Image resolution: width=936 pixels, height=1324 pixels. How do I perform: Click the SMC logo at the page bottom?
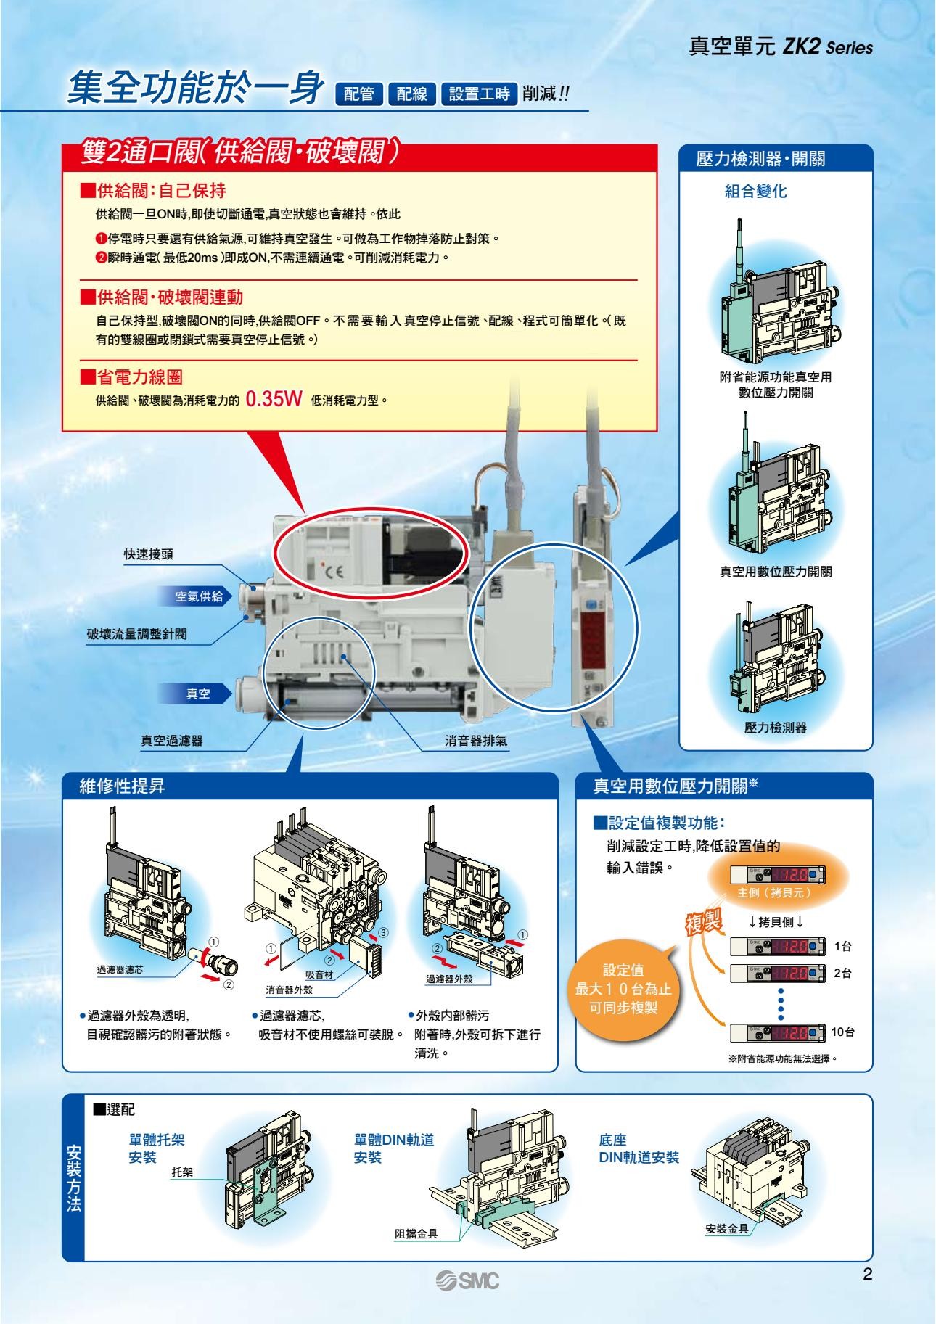pyautogui.click(x=467, y=1281)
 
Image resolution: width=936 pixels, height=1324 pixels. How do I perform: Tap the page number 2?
pyautogui.click(x=867, y=1275)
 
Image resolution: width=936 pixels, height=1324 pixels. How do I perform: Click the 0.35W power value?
pyautogui.click(x=274, y=399)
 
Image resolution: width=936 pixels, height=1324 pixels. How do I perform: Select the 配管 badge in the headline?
pyautogui.click(x=359, y=94)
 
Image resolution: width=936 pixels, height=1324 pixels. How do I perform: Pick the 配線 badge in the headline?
pyautogui.click(x=411, y=94)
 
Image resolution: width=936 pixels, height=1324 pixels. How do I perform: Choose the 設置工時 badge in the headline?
pyautogui.click(x=479, y=94)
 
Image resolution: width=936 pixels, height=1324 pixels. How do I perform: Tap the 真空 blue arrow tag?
pyautogui.click(x=196, y=694)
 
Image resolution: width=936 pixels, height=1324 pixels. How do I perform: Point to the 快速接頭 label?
pyautogui.click(x=148, y=555)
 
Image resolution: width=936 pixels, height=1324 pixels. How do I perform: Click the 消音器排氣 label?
pyautogui.click(x=475, y=741)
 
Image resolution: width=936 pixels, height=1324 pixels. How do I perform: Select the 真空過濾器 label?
pyautogui.click(x=171, y=741)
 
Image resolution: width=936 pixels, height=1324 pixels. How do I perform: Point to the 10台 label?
pyautogui.click(x=842, y=1032)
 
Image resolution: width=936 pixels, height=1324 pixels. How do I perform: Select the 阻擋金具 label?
pyautogui.click(x=416, y=1233)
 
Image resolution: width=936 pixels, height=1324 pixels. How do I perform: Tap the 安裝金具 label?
pyautogui.click(x=728, y=1229)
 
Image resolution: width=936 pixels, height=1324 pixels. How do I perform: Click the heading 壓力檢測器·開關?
pyautogui.click(x=760, y=159)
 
